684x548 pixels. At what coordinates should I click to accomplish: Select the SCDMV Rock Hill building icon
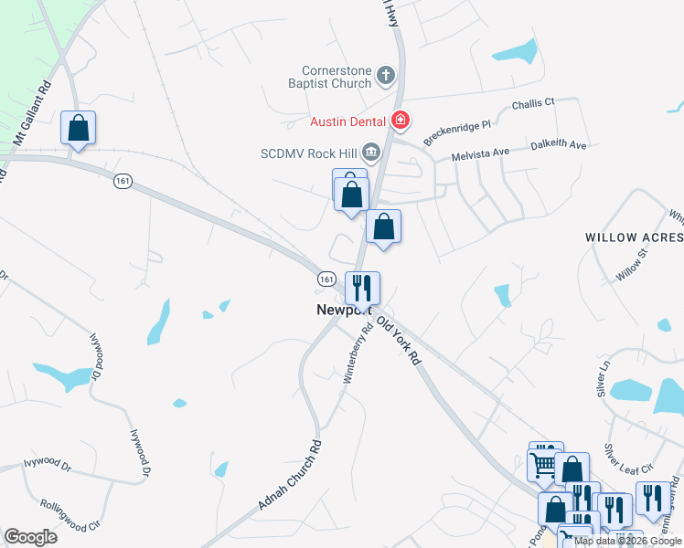(x=371, y=151)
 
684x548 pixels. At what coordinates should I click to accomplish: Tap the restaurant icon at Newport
(x=362, y=288)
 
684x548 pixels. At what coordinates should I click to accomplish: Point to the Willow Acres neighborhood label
(x=634, y=237)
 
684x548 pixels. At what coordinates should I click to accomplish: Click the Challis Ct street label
(x=533, y=104)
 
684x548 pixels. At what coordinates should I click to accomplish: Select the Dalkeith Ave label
(x=561, y=145)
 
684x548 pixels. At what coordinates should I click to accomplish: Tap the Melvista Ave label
(x=482, y=156)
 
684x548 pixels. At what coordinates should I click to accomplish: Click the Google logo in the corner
(x=30, y=537)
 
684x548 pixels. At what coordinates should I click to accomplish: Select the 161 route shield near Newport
(x=326, y=277)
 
